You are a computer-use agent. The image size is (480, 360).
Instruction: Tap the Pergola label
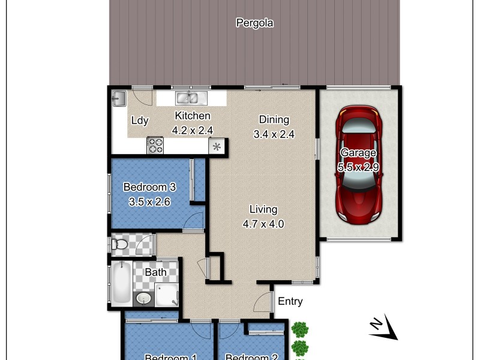[254, 23]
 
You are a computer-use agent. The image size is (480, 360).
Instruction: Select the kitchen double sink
[191, 97]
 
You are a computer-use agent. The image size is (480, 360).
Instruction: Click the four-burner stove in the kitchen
[155, 145]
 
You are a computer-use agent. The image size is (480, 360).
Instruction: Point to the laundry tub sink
[118, 98]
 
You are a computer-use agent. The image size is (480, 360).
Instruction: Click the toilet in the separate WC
[119, 244]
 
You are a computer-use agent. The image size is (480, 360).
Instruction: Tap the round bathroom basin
[143, 298]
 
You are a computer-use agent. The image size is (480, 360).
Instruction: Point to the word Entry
[290, 301]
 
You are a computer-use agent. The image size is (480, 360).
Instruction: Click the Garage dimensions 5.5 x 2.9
[359, 167]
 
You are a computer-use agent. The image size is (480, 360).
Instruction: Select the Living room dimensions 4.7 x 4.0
[263, 224]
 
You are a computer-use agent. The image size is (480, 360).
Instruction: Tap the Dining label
[274, 119]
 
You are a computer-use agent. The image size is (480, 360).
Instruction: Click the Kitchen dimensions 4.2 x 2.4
[193, 130]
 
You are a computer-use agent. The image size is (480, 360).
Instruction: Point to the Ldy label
[140, 121]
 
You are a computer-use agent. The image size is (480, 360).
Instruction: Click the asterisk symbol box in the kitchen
[216, 146]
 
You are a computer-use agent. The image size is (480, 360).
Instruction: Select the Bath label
[156, 272]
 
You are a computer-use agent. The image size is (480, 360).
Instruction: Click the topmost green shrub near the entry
[299, 329]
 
